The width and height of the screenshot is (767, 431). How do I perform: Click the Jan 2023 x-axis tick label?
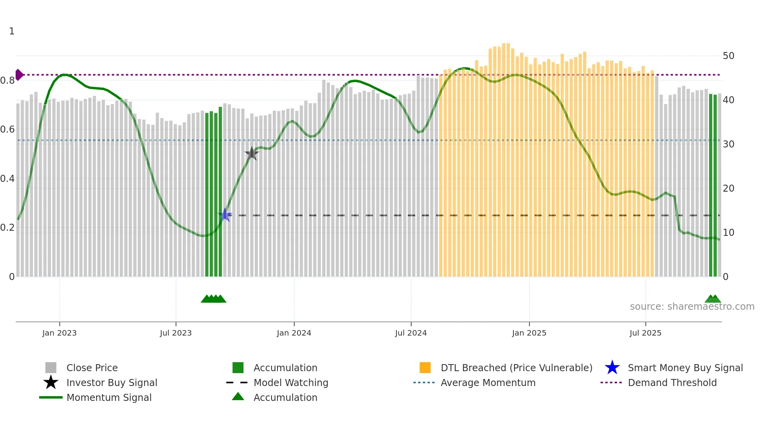pos(59,333)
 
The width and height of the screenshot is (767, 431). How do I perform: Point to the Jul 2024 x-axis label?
pos(411,333)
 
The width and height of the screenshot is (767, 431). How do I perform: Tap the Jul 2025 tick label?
pos(645,333)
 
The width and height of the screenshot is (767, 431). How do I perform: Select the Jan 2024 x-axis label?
pos(294,333)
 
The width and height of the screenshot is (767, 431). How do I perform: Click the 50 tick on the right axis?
pos(728,56)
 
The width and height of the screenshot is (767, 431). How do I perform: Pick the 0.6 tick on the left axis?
pos(7,129)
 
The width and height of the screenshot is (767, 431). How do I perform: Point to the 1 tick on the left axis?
pos(12,31)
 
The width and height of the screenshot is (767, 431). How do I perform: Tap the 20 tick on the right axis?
pos(728,189)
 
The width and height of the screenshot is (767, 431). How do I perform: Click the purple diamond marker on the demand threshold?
pos(19,75)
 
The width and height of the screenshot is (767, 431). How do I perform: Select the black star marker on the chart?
pos(252,154)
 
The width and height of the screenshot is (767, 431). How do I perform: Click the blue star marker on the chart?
pos(225,215)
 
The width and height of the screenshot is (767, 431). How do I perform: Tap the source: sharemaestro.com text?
pos(692,307)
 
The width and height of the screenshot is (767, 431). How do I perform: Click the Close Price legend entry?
pos(92,368)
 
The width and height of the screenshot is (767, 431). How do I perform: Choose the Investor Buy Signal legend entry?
pos(112,383)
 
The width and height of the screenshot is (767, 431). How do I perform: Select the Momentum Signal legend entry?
pos(109,397)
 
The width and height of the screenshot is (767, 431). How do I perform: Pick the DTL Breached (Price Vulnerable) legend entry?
pos(516,368)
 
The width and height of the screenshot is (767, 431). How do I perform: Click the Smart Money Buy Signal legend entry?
pos(685,368)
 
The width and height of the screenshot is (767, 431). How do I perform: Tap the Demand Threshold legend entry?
pos(672,383)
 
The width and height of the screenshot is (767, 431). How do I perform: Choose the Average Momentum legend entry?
pos(488,383)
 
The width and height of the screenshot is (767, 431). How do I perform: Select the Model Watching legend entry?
pos(291,383)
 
